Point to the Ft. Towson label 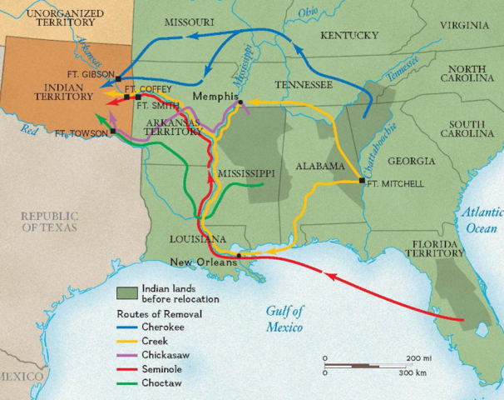click(x=81, y=133)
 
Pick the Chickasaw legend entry click(x=165, y=352)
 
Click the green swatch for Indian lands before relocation click(x=125, y=292)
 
